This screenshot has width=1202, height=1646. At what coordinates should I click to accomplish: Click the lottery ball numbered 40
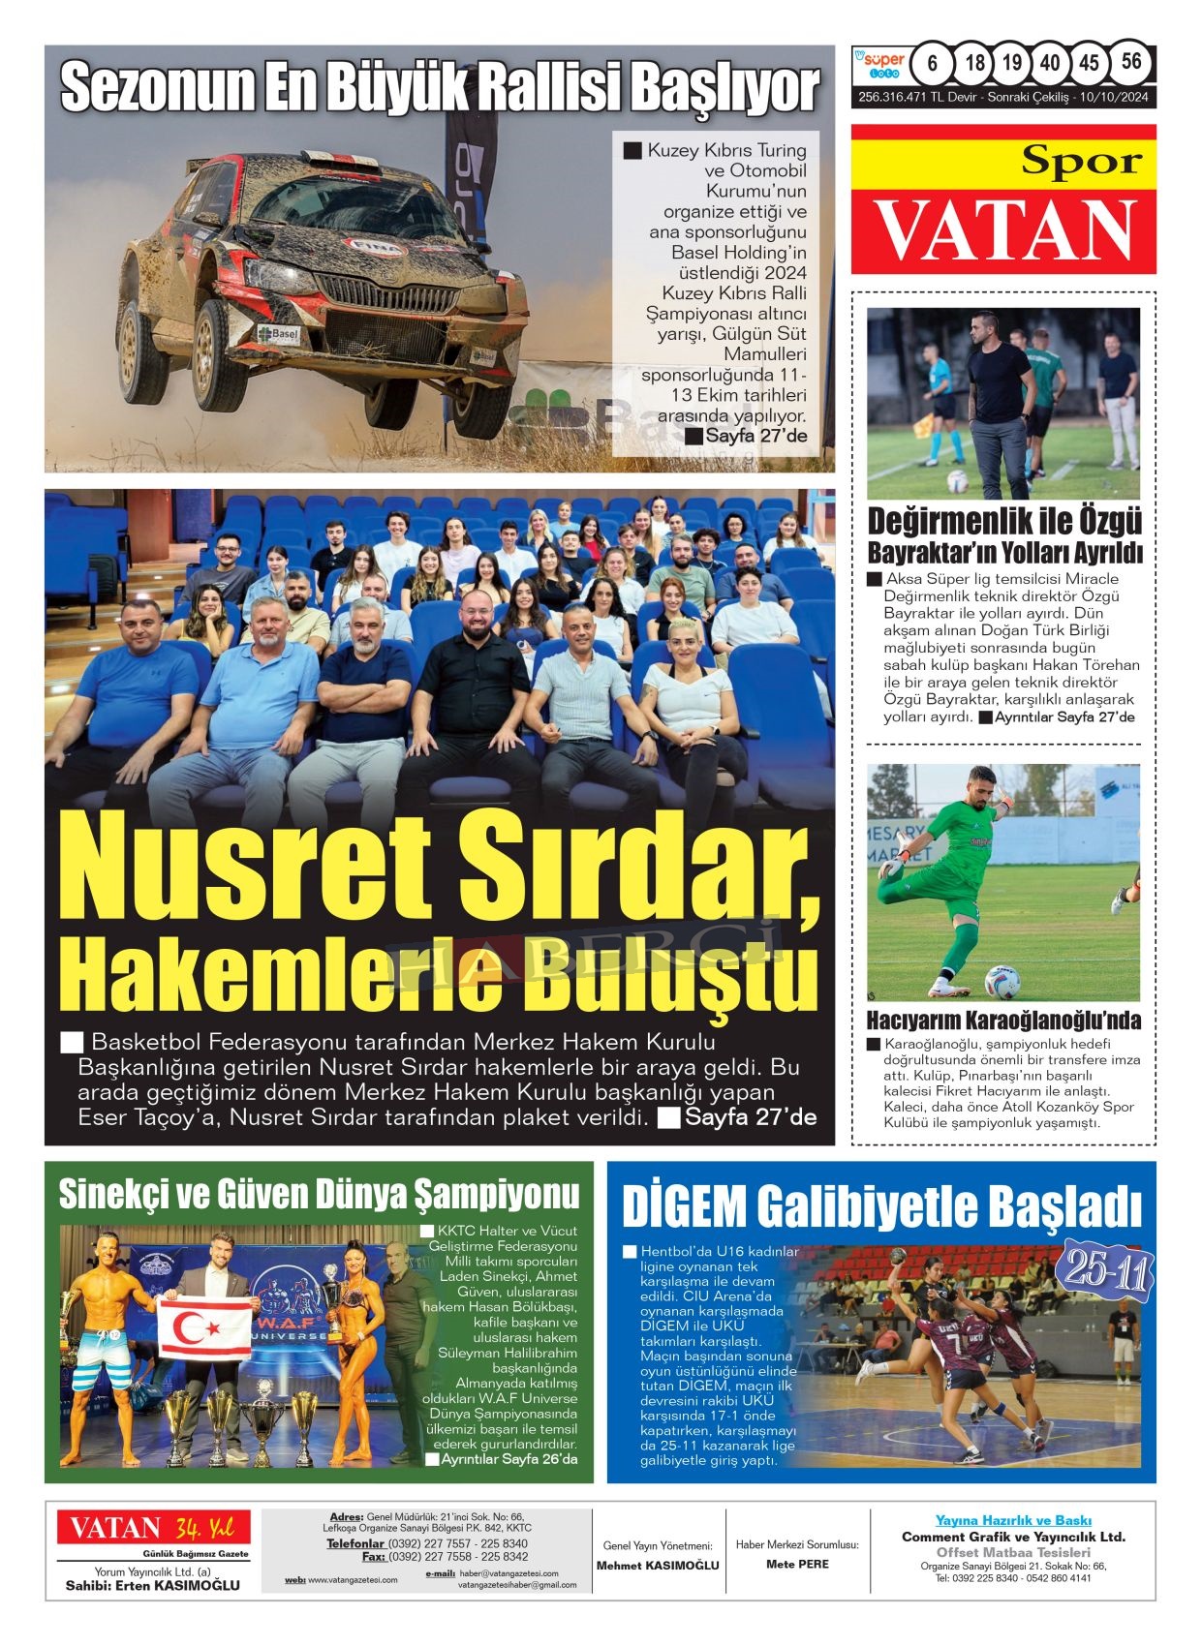point(1050,64)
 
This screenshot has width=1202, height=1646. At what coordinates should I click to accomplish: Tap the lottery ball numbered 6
point(932,64)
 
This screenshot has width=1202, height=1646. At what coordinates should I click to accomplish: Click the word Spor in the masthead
point(1081,162)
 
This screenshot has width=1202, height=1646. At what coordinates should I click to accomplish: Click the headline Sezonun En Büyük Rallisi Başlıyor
point(440,88)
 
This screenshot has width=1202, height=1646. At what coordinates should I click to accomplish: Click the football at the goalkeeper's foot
point(1002,981)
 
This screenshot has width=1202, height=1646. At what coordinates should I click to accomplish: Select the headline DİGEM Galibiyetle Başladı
point(881,1206)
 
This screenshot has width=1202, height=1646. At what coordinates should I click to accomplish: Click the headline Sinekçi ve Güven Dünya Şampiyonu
point(319,1194)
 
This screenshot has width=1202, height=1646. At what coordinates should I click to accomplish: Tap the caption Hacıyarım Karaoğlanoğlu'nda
point(1002,1021)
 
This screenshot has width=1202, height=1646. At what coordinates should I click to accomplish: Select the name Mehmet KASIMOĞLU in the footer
point(658,1565)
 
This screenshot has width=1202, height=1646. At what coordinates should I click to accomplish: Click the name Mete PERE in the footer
point(797,1564)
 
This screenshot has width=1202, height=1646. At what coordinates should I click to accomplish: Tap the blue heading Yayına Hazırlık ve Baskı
point(1012,1520)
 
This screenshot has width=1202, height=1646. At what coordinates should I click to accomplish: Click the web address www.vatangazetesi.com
point(353,1580)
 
